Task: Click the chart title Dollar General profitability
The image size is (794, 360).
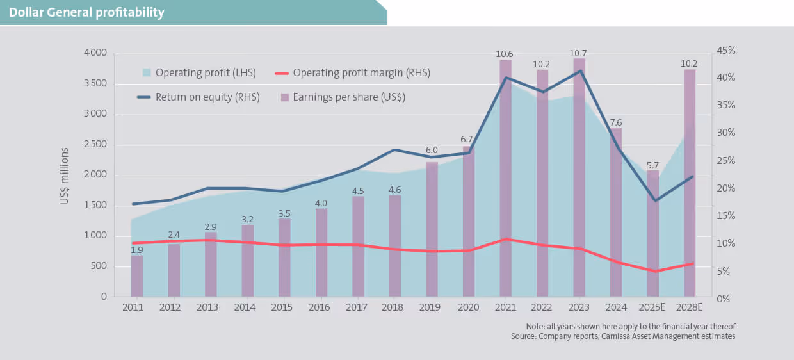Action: pos(86,12)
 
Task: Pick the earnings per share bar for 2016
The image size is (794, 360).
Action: pos(321,252)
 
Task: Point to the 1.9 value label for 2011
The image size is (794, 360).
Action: pos(137,250)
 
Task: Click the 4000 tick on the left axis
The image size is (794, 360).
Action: pos(95,53)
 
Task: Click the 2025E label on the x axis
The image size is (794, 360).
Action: pos(652,307)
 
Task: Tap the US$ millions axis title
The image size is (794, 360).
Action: pos(65,176)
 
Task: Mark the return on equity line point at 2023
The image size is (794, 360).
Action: pos(579,70)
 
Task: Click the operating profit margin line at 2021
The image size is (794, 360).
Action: pos(505,239)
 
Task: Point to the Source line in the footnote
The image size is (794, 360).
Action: pos(623,336)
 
